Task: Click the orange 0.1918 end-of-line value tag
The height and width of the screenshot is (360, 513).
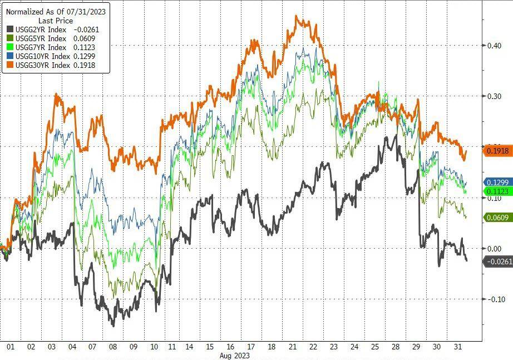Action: tap(497, 151)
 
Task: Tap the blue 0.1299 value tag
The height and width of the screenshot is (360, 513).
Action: tap(497, 183)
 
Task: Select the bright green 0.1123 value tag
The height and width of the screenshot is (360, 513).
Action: tap(497, 191)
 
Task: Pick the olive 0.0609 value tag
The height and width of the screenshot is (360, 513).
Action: tap(497, 218)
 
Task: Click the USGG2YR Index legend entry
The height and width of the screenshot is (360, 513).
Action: tap(36, 29)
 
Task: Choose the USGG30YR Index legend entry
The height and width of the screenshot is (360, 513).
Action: tap(38, 65)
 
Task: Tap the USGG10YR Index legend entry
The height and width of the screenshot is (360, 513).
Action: tap(38, 56)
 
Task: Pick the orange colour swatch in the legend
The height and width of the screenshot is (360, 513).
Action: tap(9, 65)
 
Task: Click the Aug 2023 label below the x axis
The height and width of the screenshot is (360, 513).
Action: tap(234, 355)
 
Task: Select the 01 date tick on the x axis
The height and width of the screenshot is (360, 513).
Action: tap(10, 347)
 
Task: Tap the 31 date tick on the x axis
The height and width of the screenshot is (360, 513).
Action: tap(457, 347)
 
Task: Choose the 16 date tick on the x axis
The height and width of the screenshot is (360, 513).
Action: tap(230, 347)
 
